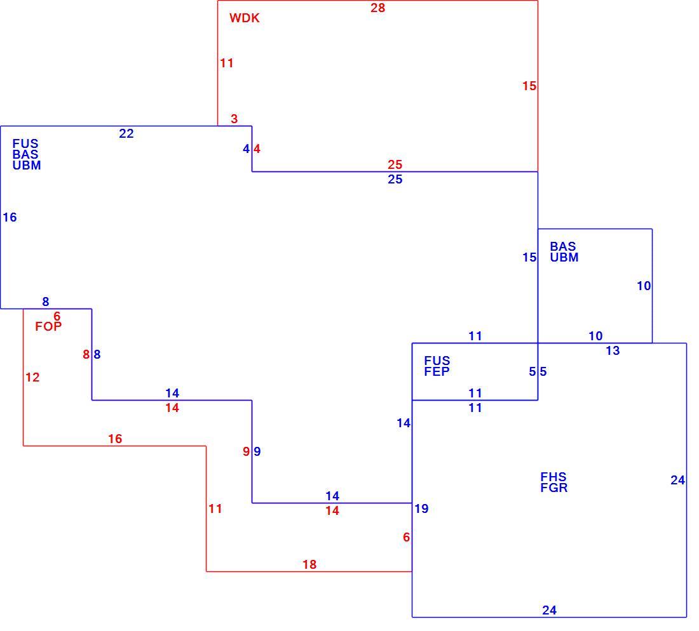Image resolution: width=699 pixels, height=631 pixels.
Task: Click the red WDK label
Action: (244, 18)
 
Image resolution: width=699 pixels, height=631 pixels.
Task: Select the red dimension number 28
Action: (377, 8)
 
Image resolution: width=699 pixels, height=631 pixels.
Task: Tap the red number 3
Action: (234, 119)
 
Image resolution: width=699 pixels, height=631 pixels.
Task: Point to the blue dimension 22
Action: (126, 133)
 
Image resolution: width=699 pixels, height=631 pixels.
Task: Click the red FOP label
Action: (48, 326)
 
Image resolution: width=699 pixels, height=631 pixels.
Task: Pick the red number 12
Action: (32, 378)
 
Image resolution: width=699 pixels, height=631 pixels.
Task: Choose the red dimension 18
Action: (309, 564)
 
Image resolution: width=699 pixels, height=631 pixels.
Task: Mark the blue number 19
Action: (421, 508)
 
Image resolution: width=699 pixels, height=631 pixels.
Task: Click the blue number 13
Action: (613, 351)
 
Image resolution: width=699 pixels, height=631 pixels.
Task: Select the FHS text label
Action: (553, 477)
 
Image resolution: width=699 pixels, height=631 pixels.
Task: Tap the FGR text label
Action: (554, 488)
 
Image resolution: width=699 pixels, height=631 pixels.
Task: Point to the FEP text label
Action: (437, 371)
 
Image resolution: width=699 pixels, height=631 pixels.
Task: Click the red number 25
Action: (395, 165)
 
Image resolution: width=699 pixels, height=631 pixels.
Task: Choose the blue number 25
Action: (395, 180)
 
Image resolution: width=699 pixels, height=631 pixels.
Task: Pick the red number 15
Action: (529, 86)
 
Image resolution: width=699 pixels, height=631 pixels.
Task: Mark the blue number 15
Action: (529, 257)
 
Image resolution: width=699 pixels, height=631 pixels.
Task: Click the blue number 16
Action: (10, 217)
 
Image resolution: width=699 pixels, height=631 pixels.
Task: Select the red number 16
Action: (115, 439)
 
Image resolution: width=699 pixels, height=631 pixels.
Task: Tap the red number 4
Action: (257, 149)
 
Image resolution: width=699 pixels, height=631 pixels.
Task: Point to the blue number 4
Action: (246, 149)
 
